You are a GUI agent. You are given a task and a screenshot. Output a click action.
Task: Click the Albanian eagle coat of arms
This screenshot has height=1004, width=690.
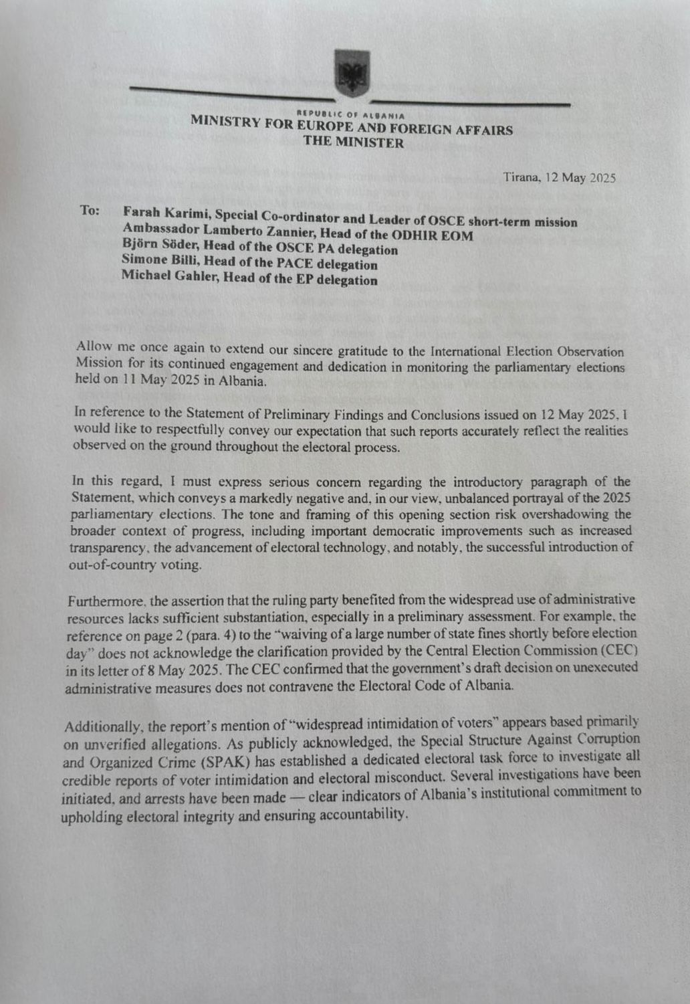point(352,73)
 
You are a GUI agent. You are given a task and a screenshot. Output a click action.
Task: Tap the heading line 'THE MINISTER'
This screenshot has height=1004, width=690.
point(353,142)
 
